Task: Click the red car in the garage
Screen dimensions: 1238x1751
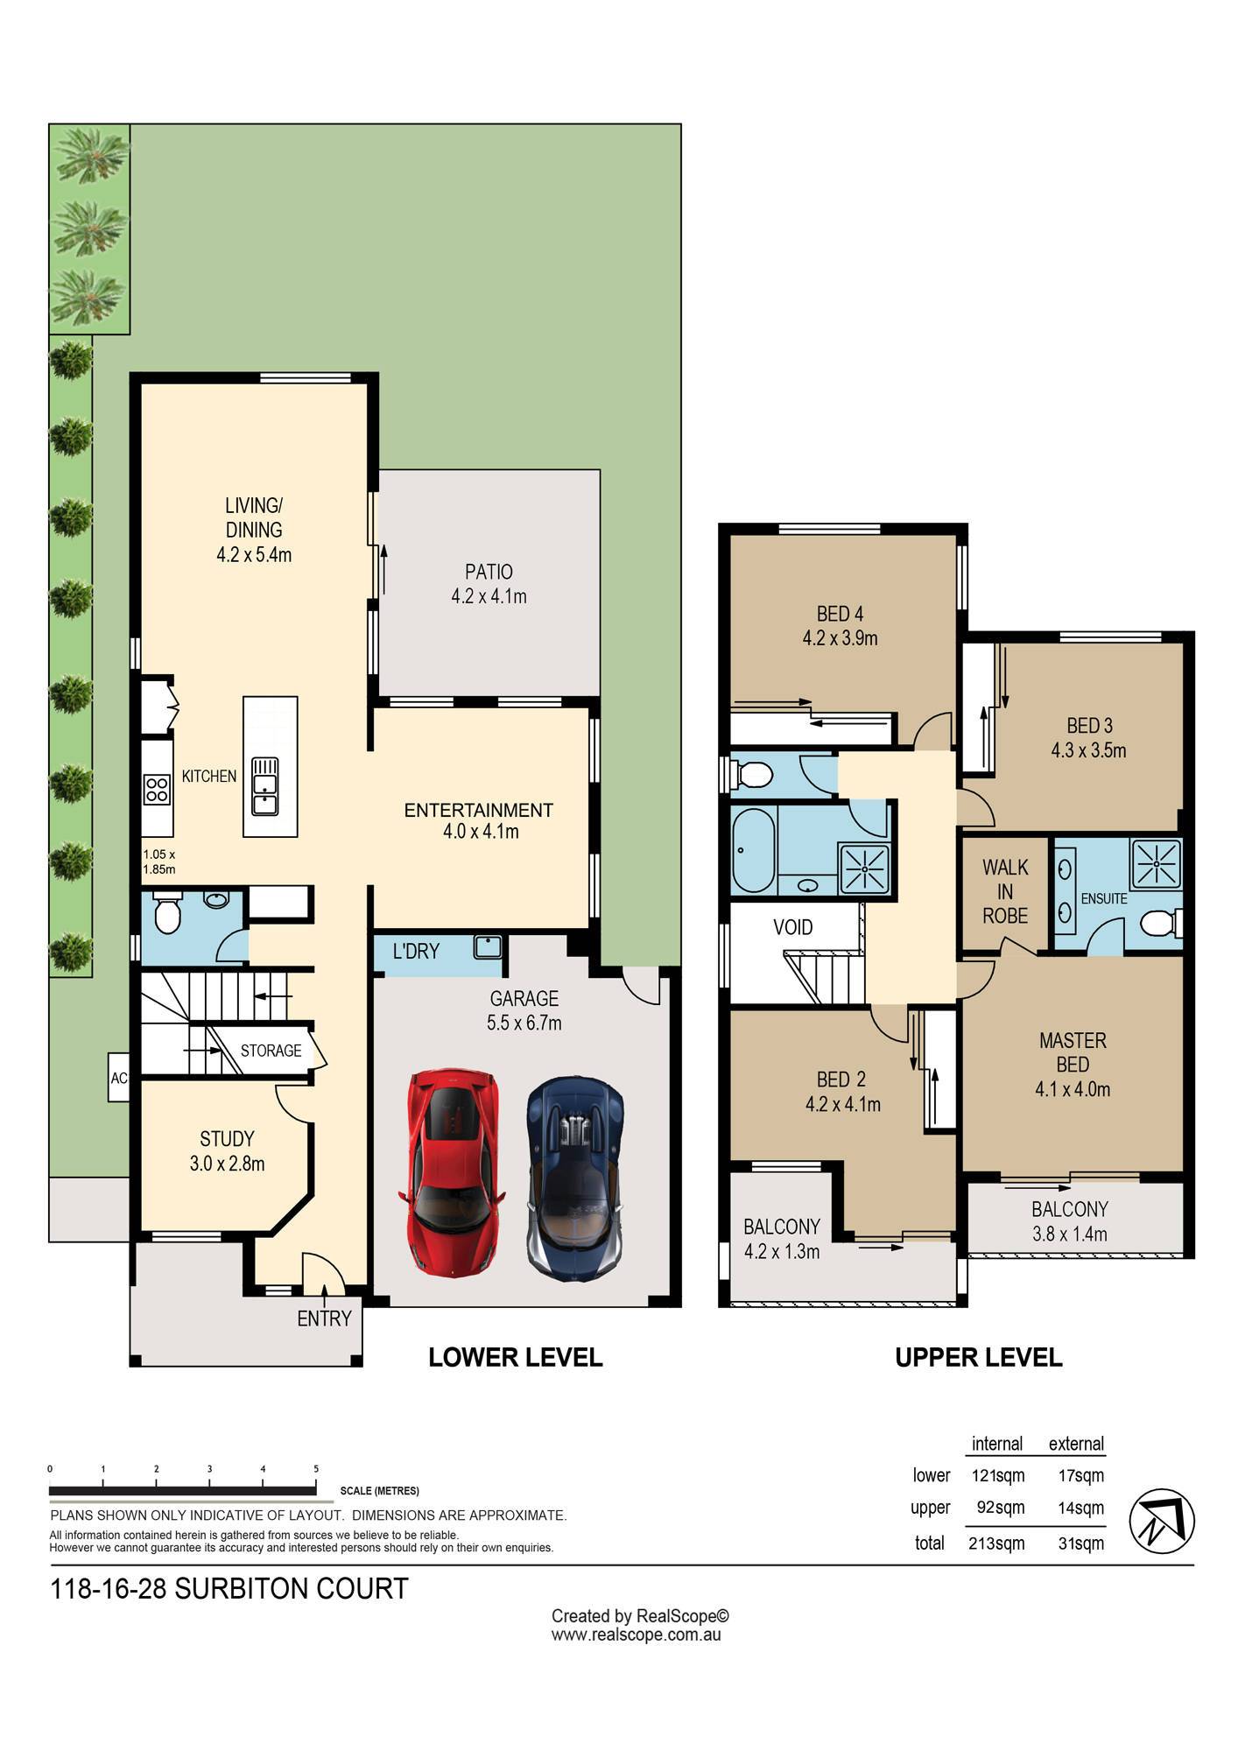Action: pyautogui.click(x=452, y=1171)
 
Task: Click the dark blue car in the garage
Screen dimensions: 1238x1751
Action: pyautogui.click(x=575, y=1178)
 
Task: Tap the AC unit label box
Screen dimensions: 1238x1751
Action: pyautogui.click(x=119, y=1078)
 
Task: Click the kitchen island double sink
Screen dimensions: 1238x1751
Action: pyautogui.click(x=264, y=786)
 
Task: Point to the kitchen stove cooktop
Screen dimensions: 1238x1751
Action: pyautogui.click(x=158, y=789)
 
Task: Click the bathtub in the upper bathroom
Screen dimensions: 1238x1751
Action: pyautogui.click(x=752, y=850)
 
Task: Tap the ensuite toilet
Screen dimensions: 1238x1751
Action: pyautogui.click(x=1163, y=923)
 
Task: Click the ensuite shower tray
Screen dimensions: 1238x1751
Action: pyautogui.click(x=1157, y=863)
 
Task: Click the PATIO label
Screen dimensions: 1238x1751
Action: pyautogui.click(x=489, y=572)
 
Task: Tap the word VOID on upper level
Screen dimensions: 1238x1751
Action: pyautogui.click(x=793, y=927)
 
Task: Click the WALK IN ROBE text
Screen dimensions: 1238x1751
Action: pyautogui.click(x=1005, y=891)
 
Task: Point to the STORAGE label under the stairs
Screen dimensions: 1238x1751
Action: pyautogui.click(x=271, y=1051)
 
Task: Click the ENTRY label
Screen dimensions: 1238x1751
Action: pyautogui.click(x=324, y=1319)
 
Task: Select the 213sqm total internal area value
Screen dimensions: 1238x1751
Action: pyautogui.click(x=996, y=1543)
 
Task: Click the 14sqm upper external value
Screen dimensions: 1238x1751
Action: pyautogui.click(x=1081, y=1508)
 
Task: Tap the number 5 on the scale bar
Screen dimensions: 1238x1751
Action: pyautogui.click(x=316, y=1469)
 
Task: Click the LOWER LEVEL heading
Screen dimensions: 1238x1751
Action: pyautogui.click(x=516, y=1357)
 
